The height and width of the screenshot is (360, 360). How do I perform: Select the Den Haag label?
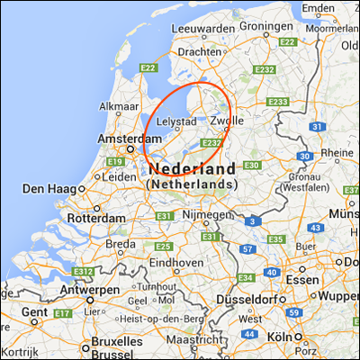49,189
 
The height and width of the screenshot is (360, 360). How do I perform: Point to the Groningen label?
266,27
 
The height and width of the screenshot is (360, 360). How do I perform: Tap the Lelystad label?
176,120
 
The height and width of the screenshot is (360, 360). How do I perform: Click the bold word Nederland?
194,168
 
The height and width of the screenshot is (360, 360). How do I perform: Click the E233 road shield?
277,102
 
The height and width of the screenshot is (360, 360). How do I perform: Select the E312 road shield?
85,271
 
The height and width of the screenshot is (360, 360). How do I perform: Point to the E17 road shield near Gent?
62,312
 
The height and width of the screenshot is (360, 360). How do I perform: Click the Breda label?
121,244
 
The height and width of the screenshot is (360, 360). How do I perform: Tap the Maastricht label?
194,340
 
